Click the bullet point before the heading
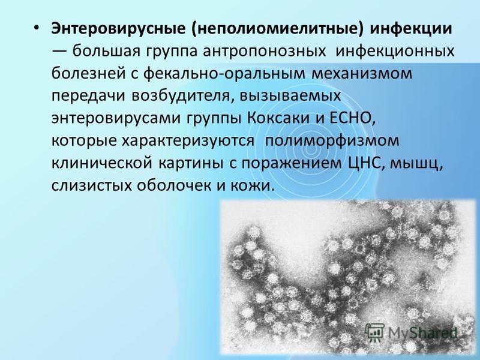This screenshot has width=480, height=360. pyautogui.click(x=37, y=28)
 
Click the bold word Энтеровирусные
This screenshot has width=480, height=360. pyautogui.click(x=118, y=29)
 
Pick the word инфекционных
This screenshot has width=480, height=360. pyautogui.click(x=395, y=52)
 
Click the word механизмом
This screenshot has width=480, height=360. pyautogui.click(x=362, y=74)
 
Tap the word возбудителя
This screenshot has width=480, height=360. pyautogui.click(x=181, y=96)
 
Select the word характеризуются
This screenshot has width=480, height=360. pyautogui.click(x=188, y=141)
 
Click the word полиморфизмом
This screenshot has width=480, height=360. pyautogui.click(x=332, y=141)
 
